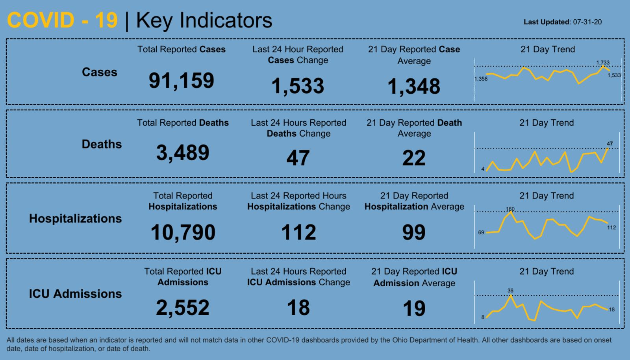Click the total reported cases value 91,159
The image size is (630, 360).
pyautogui.click(x=182, y=81)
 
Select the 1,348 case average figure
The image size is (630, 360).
pyautogui.click(x=414, y=86)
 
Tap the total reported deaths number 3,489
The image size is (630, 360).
pyautogui.click(x=183, y=153)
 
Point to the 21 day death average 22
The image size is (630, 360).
pyautogui.click(x=414, y=158)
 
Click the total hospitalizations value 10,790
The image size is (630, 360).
pyautogui.click(x=183, y=232)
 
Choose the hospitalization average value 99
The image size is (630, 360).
pyautogui.click(x=414, y=232)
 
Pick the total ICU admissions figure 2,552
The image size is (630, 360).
pyautogui.click(x=183, y=308)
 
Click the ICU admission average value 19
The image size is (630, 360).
pyautogui.click(x=414, y=308)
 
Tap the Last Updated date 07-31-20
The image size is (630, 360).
pyautogui.click(x=587, y=22)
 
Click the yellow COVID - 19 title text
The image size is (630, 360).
pyautogui.click(x=62, y=20)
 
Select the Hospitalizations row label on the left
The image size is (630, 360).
pyautogui.click(x=75, y=219)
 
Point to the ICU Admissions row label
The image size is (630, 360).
pyautogui.click(x=75, y=294)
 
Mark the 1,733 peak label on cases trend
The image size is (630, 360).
pyautogui.click(x=603, y=63)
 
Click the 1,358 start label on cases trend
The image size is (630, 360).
pyautogui.click(x=481, y=79)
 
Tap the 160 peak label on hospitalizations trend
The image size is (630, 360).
pyautogui.click(x=510, y=209)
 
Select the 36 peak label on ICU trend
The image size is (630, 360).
pyautogui.click(x=510, y=291)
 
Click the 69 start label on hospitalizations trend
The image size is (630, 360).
pyautogui.click(x=481, y=232)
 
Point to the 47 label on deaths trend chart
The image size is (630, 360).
pyautogui.click(x=610, y=144)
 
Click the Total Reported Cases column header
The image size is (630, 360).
pyautogui.click(x=182, y=49)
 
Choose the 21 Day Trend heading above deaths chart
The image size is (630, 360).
pyautogui.click(x=547, y=123)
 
